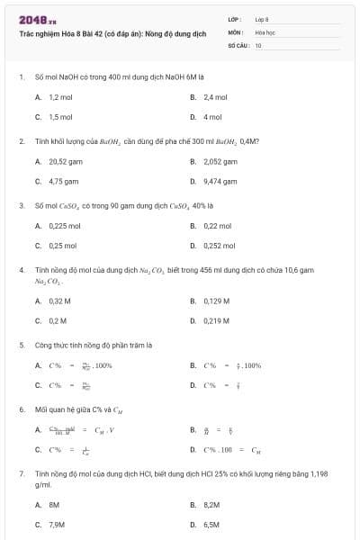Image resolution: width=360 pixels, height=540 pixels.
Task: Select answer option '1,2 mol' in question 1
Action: click(x=60, y=96)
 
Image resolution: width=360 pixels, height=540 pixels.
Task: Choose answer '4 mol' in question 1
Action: click(x=212, y=117)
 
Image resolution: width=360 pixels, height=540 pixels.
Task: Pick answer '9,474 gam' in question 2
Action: click(x=220, y=181)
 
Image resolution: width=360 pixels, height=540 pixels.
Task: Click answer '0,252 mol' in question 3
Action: click(x=219, y=245)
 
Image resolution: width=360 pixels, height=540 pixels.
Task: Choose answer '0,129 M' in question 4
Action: click(x=216, y=301)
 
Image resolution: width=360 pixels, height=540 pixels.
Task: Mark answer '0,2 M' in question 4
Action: click(x=58, y=320)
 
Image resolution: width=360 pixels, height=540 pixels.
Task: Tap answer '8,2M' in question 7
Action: click(x=211, y=505)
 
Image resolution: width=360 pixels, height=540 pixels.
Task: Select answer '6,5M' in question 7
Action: click(x=211, y=524)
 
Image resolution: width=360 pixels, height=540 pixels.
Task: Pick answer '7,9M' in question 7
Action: click(x=57, y=524)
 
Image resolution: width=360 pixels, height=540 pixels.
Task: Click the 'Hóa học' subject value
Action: click(x=265, y=31)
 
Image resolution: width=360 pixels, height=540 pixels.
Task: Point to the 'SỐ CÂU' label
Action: click(x=238, y=43)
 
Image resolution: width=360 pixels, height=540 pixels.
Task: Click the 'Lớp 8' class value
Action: click(x=262, y=19)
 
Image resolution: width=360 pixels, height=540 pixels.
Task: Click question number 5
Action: click(x=22, y=345)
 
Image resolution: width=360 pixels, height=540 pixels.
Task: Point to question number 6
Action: click(x=22, y=409)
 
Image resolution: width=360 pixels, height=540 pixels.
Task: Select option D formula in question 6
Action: click(x=232, y=449)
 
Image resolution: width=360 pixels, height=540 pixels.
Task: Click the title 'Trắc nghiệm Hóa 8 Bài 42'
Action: click(x=112, y=33)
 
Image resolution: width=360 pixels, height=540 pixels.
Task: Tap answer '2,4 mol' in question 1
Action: click(x=215, y=96)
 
